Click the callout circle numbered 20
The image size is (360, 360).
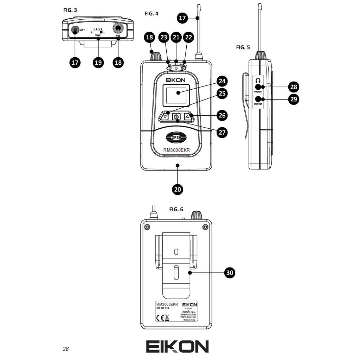coord(178,189)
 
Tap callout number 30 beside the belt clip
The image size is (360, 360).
coord(230,273)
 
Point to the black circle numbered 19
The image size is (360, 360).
coord(98,62)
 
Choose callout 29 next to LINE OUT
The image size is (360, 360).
coord(294,99)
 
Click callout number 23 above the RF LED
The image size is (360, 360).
coord(163,37)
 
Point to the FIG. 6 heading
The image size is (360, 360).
coord(176,209)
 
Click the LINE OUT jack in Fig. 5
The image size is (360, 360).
coord(258,99)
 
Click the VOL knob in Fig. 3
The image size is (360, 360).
coord(118,29)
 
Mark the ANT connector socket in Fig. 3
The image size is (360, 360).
coord(75,30)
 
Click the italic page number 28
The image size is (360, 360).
coord(66,349)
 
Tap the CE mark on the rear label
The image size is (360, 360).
coord(159,318)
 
